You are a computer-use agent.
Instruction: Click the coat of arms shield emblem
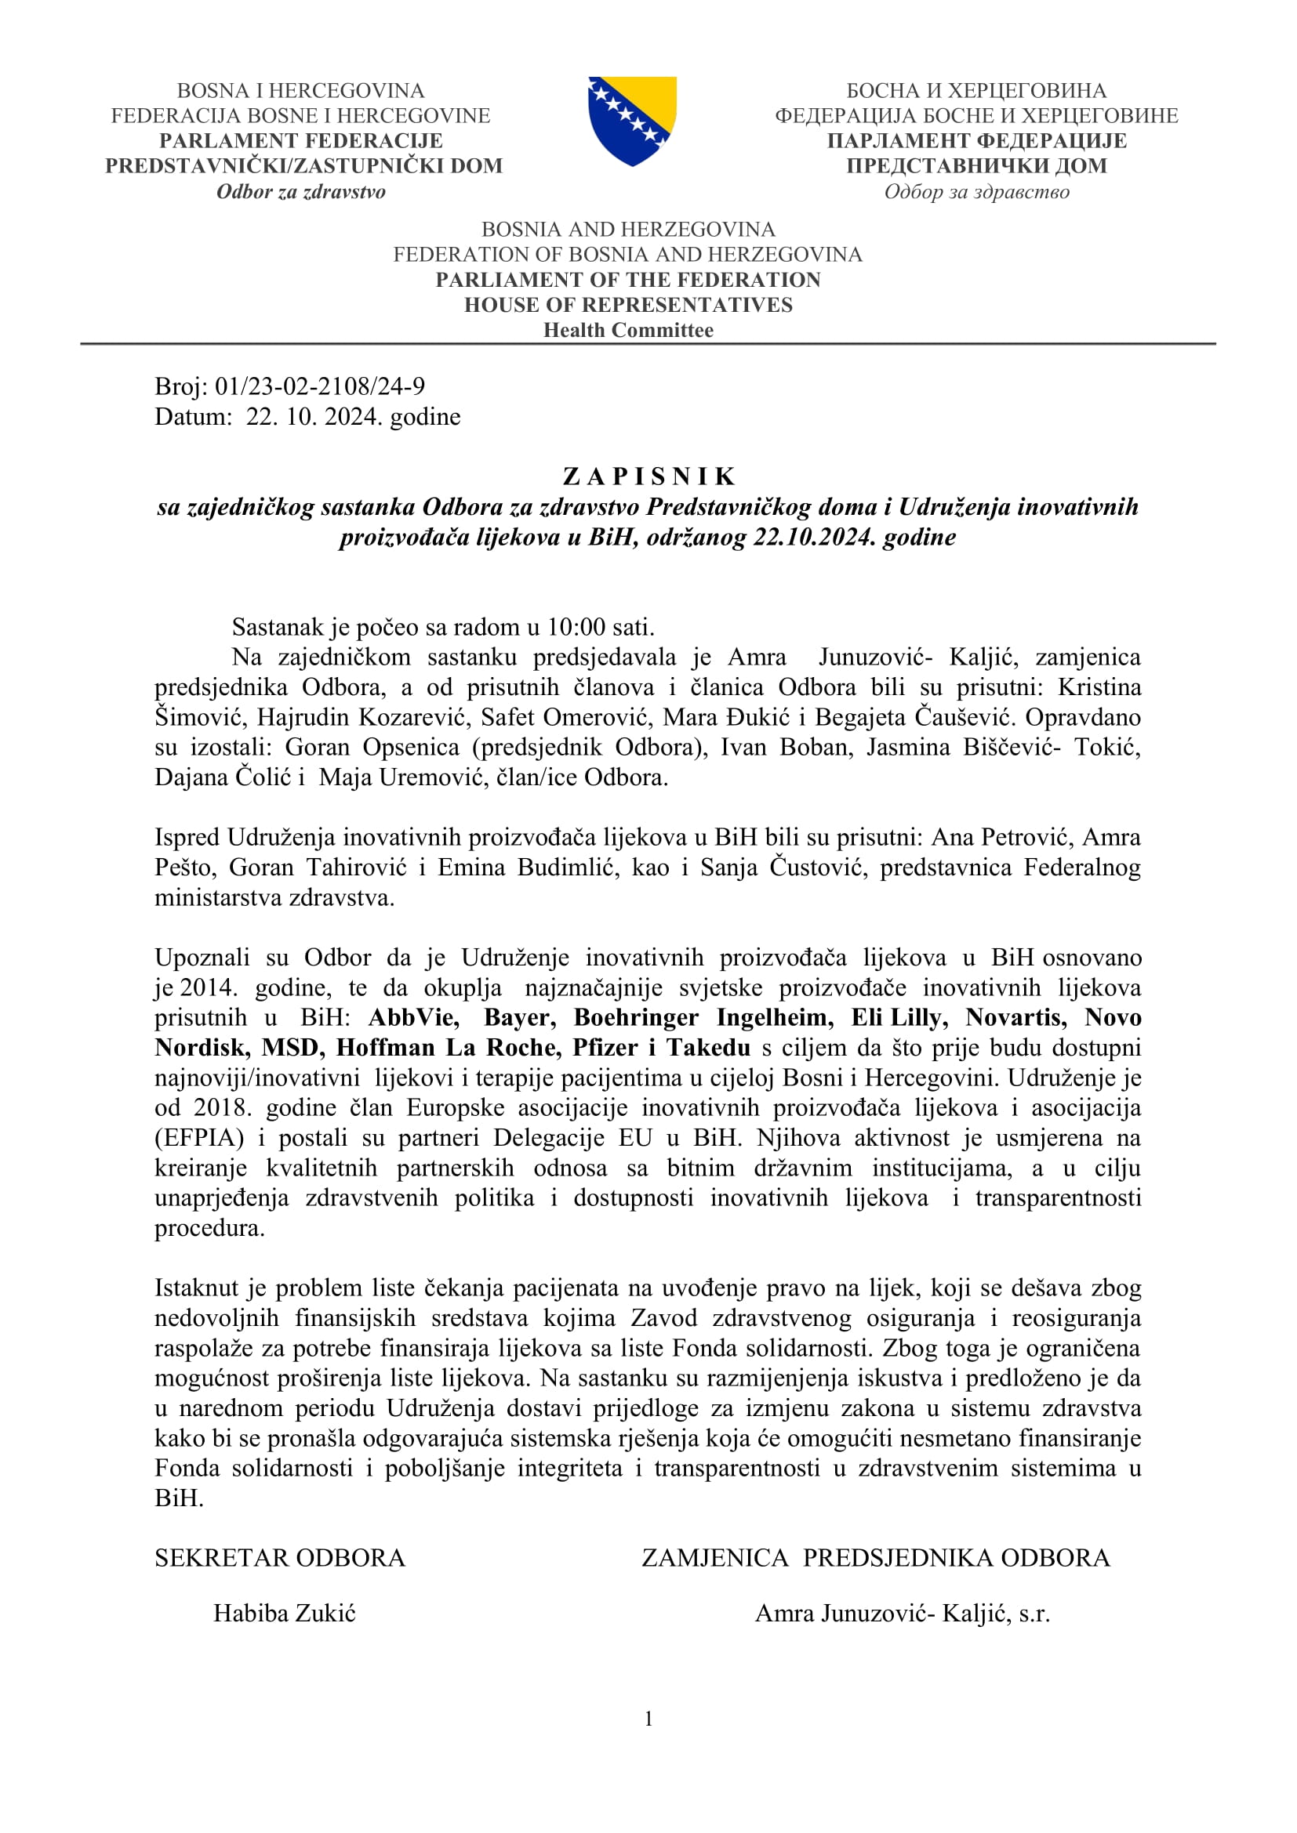(x=632, y=121)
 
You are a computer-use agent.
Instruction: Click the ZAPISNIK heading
(x=648, y=476)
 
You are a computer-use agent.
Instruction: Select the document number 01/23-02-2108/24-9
(x=319, y=386)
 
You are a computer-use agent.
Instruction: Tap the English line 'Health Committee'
(x=629, y=331)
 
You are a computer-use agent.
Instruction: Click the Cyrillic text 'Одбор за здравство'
(x=976, y=191)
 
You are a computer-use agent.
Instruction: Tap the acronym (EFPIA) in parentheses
(x=199, y=1138)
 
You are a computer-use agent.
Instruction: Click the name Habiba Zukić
(x=285, y=1614)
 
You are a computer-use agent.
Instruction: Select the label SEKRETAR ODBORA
(x=279, y=1558)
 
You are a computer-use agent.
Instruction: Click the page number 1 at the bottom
(x=648, y=1718)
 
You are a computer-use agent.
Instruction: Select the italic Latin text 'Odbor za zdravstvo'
(x=301, y=191)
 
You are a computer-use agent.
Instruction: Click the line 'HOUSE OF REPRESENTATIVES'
(x=629, y=305)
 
